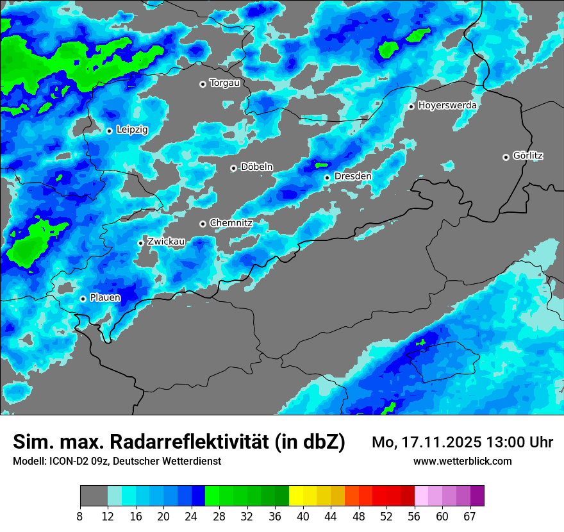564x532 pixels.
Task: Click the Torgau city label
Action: pos(224,83)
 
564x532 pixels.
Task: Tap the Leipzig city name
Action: pos(132,129)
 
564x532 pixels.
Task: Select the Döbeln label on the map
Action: pos(256,167)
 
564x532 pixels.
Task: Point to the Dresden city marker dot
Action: pos(327,178)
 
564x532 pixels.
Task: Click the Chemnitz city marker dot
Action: pos(203,224)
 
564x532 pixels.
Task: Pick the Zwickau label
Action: pos(166,242)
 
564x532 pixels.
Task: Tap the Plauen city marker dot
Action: pos(83,299)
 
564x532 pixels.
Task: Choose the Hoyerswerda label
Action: pos(447,105)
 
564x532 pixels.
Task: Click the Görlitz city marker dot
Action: pos(506,157)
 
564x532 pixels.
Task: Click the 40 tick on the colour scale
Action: pos(303,517)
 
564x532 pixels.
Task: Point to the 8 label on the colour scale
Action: pos(80,517)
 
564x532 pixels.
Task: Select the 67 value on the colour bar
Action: pos(470,517)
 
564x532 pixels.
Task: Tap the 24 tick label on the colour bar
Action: pos(192,517)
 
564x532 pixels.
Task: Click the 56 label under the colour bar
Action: pos(414,517)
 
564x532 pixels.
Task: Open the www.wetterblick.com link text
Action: pos(462,461)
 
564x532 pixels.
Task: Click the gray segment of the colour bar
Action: pos(94,496)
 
